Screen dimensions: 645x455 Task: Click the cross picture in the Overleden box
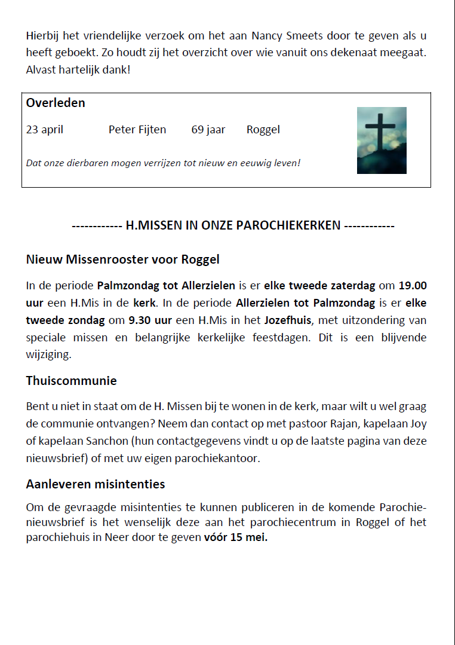(382, 140)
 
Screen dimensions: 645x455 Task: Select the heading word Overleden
(56, 103)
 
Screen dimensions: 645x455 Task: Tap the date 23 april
(45, 130)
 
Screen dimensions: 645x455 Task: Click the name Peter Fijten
(137, 130)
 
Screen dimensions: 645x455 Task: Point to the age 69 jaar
(208, 130)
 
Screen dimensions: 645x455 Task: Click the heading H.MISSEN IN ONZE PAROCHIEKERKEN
(233, 226)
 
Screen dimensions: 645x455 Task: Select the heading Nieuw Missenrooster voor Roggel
(123, 259)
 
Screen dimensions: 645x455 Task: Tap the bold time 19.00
(413, 286)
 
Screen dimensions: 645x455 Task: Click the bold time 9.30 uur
(150, 320)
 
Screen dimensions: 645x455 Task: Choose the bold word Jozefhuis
(288, 320)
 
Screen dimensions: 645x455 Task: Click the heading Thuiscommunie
(72, 381)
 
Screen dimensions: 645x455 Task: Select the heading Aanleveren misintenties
(96, 484)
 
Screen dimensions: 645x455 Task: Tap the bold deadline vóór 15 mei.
(236, 537)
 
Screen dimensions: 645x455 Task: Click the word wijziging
(48, 355)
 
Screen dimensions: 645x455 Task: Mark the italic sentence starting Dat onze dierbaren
(163, 163)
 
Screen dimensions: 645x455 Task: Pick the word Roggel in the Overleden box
(263, 130)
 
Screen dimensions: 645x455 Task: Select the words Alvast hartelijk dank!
(78, 70)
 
